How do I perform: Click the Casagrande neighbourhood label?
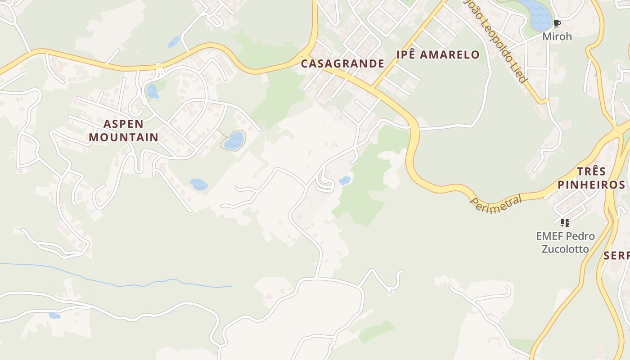(342, 63)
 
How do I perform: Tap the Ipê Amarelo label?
(438, 55)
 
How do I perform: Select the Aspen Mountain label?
(123, 130)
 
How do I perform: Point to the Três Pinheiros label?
(591, 178)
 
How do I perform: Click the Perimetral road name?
(495, 204)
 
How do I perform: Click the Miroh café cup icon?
(557, 23)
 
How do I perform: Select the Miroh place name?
(557, 36)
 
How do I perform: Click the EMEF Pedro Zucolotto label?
(565, 243)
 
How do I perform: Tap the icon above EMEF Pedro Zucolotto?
(565, 222)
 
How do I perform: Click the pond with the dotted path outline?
(234, 141)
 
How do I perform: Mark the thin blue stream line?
(135, 283)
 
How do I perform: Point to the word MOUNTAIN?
(123, 137)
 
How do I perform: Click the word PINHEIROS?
(591, 184)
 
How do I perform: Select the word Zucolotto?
(565, 249)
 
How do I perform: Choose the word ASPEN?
(123, 124)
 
